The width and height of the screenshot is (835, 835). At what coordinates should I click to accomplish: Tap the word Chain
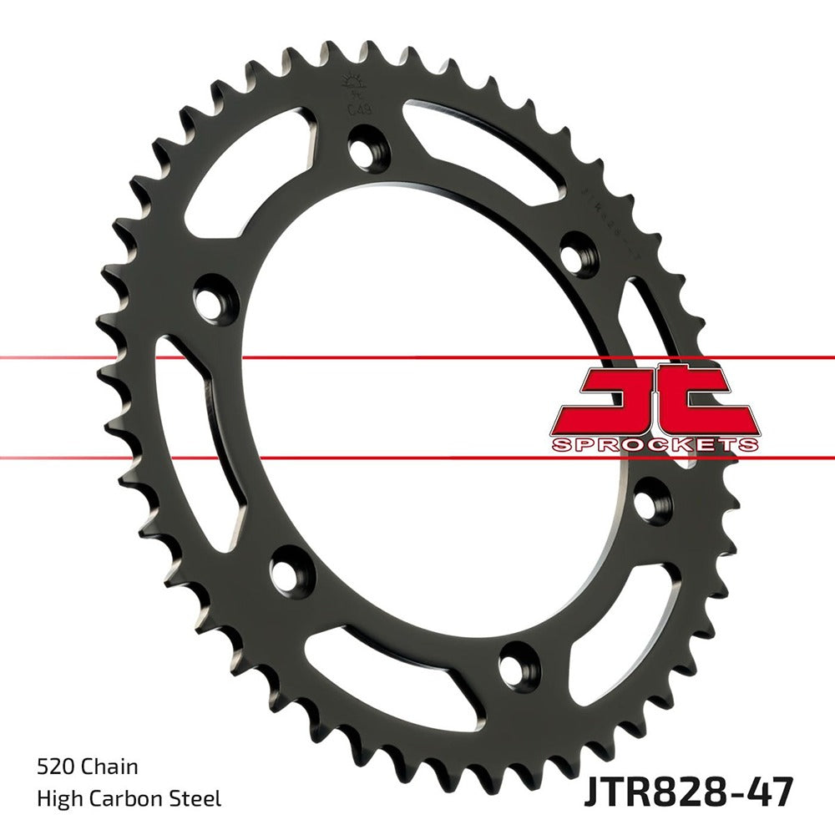click(110, 766)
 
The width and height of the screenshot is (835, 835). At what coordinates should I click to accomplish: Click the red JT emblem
click(655, 399)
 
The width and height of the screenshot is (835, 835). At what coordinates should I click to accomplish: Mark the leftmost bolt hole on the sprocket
click(213, 298)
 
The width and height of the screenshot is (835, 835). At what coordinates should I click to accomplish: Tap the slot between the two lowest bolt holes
click(401, 668)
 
